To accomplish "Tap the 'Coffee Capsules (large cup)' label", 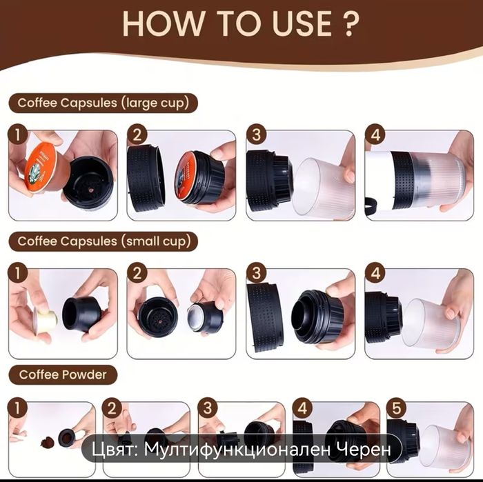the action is coord(103,103).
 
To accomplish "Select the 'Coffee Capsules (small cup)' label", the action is coord(103,241).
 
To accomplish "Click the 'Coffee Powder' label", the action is coord(63,374).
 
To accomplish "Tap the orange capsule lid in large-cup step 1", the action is coord(39,167).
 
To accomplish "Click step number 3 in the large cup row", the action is coord(256,134).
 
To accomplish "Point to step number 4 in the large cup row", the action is coord(375,134).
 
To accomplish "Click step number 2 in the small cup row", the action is coord(137,273).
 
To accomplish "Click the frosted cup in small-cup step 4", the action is coord(431,325).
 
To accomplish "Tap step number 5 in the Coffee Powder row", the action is coord(397,408).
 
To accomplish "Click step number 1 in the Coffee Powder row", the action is coord(17,408).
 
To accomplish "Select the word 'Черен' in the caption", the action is coord(364,450).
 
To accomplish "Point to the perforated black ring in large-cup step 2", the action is coord(146,179).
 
